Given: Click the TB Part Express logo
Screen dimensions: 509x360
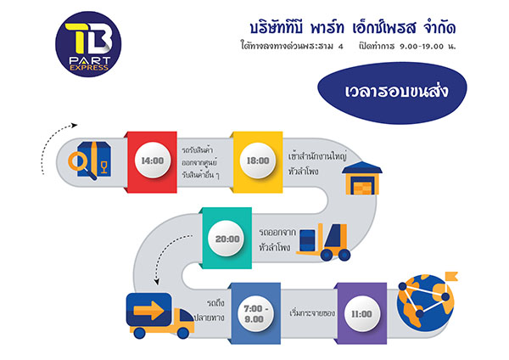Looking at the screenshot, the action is (x=88, y=44).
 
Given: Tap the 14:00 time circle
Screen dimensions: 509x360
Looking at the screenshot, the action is (x=153, y=160).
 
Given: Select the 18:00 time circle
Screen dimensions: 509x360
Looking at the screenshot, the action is (x=258, y=160).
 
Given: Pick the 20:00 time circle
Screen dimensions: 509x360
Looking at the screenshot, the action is (x=227, y=239).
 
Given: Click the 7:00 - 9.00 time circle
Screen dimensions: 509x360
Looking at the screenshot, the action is (x=255, y=313).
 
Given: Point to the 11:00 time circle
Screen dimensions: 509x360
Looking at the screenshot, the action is (x=361, y=314).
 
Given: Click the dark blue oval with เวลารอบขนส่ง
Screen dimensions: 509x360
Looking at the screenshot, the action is (x=392, y=93).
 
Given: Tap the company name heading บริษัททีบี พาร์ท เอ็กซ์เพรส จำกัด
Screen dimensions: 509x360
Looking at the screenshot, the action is (x=353, y=28).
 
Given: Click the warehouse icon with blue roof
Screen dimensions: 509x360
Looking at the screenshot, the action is (x=362, y=178).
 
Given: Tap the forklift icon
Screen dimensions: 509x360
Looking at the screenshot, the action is (x=324, y=242).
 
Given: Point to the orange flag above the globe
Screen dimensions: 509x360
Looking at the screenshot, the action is (x=451, y=277).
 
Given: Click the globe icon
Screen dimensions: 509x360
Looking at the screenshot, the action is (x=425, y=303).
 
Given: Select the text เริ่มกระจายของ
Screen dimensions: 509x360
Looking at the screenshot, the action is (x=312, y=313).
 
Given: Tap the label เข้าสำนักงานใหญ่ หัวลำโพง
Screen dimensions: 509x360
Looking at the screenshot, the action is (x=317, y=163).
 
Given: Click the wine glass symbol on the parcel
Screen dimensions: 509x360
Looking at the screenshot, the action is (x=103, y=167).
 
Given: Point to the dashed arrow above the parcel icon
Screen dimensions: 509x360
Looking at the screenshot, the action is (x=52, y=137).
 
